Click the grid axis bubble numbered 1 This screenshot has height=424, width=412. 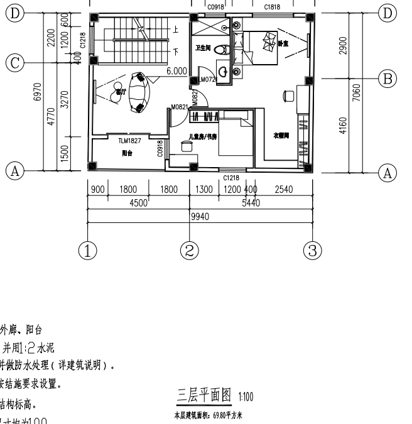click(x=89, y=250)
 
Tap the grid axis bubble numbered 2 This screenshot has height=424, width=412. click(x=190, y=250)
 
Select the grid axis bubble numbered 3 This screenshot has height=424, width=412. click(x=312, y=250)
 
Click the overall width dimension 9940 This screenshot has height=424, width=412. click(x=199, y=217)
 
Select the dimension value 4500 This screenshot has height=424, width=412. click(x=138, y=203)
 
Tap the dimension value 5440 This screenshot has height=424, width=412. click(x=250, y=203)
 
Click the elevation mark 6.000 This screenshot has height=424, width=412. click(x=177, y=72)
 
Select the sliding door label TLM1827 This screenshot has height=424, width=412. click(x=130, y=141)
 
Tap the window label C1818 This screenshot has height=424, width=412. click(x=272, y=7)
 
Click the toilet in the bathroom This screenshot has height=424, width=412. click(x=220, y=50)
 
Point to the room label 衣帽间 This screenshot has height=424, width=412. click(x=281, y=136)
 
